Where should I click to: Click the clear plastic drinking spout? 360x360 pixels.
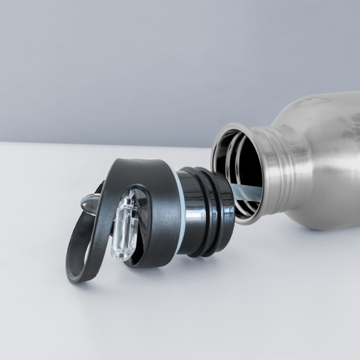125,230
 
